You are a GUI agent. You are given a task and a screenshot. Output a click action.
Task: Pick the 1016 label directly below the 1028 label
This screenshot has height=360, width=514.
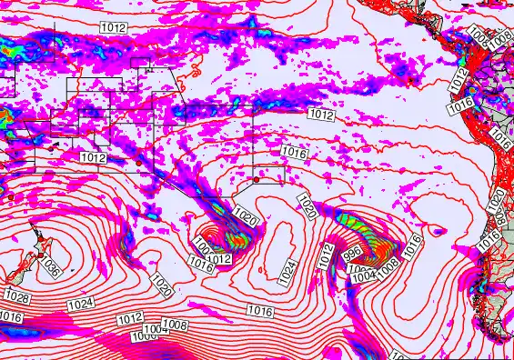pos(11,316)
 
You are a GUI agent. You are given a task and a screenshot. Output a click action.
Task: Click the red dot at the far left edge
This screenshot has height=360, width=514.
pos(8,196)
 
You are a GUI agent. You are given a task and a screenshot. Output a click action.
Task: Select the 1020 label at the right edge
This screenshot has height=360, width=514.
pos(497,199)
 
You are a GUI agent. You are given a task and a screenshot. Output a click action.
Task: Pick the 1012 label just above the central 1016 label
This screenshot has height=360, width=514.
pos(321,115)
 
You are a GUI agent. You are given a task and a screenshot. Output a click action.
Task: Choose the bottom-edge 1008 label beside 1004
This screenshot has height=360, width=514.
pos(174,325)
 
